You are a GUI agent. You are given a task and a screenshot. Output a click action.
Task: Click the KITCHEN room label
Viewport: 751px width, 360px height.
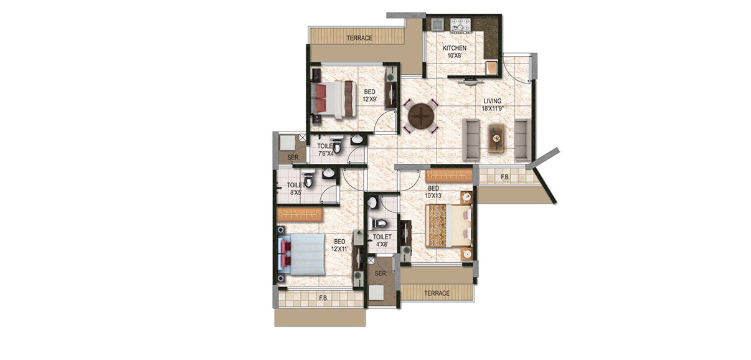455,48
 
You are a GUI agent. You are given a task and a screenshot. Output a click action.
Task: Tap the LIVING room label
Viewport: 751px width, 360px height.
493,101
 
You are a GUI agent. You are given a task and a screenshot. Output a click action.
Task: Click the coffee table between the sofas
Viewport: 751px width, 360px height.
496,138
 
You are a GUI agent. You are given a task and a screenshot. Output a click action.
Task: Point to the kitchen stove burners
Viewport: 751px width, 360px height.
461,25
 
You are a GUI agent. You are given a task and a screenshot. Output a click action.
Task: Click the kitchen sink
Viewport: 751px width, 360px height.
438,24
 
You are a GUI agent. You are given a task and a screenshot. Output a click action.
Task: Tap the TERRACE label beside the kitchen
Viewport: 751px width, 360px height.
359,38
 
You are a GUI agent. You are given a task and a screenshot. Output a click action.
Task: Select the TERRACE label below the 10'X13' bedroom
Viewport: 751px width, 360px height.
437,293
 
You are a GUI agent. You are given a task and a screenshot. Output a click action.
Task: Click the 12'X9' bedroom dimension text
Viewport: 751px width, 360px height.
370,99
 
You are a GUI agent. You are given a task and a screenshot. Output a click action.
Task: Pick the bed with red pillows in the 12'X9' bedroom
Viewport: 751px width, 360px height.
334,99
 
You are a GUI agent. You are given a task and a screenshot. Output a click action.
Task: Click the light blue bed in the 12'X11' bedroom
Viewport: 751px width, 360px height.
301,254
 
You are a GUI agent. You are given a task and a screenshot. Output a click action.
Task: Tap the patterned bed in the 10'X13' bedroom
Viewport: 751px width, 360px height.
449,225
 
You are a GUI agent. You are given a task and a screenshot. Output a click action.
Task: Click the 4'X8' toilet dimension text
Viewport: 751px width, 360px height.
382,244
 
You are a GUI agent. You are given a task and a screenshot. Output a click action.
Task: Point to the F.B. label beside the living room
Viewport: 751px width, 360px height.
505,178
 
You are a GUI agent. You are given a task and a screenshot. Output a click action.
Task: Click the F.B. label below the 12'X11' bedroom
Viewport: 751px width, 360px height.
324,298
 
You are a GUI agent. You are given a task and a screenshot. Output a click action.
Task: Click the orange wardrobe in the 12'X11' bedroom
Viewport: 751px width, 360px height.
300,214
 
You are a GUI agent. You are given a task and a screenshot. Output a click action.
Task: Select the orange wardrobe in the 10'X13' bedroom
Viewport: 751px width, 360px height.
449,176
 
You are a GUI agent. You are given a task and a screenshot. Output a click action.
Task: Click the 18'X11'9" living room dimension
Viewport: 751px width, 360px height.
493,108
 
